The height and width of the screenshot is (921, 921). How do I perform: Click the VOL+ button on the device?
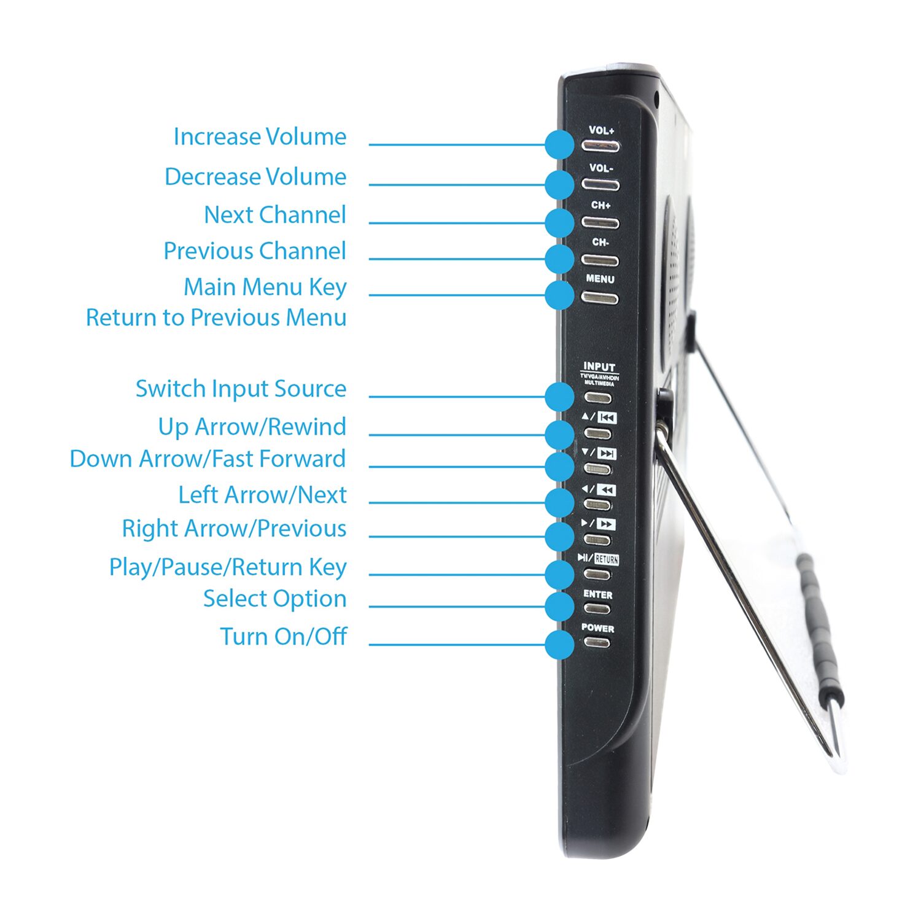tap(600, 146)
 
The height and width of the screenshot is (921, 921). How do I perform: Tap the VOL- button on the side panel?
tap(600, 184)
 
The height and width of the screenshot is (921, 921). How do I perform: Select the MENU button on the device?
tap(600, 298)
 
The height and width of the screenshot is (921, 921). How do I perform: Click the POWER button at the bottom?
tap(597, 642)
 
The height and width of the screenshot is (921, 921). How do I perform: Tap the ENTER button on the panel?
tap(597, 608)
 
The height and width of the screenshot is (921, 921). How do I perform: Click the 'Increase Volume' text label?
tap(260, 136)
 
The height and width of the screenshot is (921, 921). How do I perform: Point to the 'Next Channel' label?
tap(275, 215)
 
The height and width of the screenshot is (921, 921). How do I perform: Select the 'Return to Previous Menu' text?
tap(216, 317)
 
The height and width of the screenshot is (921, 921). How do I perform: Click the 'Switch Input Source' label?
tap(241, 389)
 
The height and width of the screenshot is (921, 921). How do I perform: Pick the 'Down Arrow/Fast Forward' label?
tap(208, 459)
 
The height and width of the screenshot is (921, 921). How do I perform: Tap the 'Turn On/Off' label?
tap(284, 636)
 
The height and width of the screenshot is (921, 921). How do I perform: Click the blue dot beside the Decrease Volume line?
tap(559, 184)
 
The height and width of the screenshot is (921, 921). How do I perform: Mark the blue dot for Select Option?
tap(559, 607)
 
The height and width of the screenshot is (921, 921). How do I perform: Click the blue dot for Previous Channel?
tap(559, 258)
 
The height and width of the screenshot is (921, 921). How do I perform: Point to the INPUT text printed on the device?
tap(599, 367)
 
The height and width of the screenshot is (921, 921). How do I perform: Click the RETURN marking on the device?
tap(607, 559)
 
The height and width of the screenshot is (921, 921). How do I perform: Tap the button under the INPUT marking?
tap(598, 397)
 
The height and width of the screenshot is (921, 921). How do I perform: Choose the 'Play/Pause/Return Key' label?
tap(228, 567)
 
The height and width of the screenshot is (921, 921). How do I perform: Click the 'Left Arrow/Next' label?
tap(263, 495)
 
